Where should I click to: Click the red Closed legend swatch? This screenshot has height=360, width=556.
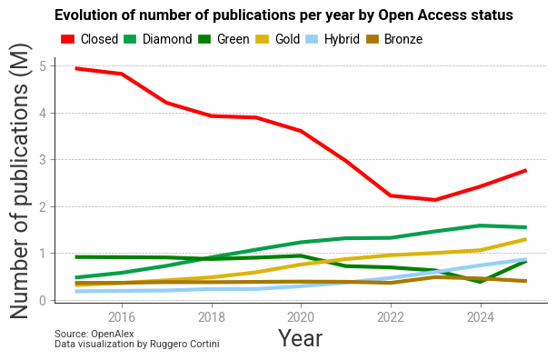(x=67, y=39)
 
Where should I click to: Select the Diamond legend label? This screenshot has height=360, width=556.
(x=167, y=39)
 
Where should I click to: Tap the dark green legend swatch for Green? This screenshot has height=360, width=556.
(x=204, y=39)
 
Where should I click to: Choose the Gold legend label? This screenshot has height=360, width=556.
(x=288, y=39)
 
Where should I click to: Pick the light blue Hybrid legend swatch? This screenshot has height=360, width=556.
(x=312, y=39)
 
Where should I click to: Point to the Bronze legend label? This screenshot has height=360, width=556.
(x=403, y=39)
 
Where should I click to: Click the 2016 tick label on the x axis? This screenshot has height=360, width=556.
(x=122, y=316)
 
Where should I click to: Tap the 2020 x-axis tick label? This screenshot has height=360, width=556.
(x=301, y=316)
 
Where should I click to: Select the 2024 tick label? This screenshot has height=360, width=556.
(x=481, y=316)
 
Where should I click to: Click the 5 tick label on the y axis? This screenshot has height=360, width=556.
(x=43, y=66)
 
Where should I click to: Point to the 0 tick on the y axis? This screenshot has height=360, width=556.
(x=43, y=301)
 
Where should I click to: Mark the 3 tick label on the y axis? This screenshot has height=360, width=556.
(x=43, y=160)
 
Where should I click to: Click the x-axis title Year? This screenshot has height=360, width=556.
(x=300, y=338)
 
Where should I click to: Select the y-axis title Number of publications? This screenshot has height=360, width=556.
(x=18, y=181)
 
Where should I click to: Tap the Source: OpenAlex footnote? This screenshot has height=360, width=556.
(x=94, y=334)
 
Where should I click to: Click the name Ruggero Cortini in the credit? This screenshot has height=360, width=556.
(x=184, y=344)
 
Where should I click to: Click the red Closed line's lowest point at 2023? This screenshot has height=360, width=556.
(x=435, y=200)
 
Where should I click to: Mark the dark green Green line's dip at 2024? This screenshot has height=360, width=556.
(x=481, y=281)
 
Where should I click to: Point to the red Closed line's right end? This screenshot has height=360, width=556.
(x=526, y=171)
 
